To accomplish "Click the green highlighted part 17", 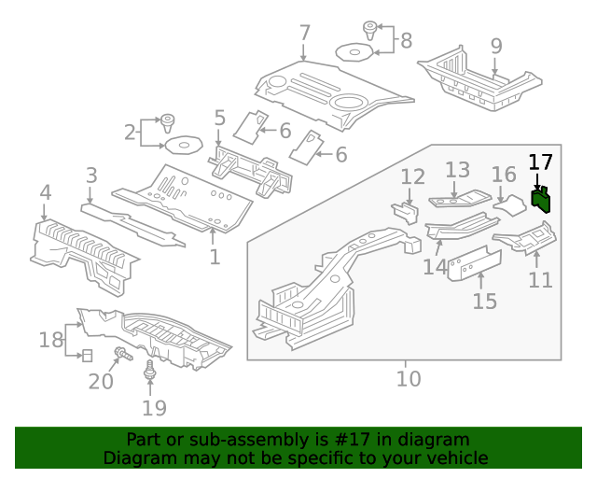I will [541, 200].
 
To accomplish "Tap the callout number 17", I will [540, 162].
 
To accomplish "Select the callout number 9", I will [496, 46].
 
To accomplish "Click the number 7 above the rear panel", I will [304, 34].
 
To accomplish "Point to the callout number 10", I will [408, 379].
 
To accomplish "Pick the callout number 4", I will [45, 193].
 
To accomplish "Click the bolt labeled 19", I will [149, 375].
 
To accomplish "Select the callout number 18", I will [51, 340].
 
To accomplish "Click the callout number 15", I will [484, 301].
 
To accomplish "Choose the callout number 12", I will [412, 177].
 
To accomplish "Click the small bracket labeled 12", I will [403, 213].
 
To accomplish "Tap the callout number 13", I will [457, 170].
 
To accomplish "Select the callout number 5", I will [219, 119].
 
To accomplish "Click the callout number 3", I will [91, 176].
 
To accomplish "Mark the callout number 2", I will [130, 133].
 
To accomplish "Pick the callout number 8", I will [405, 40].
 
